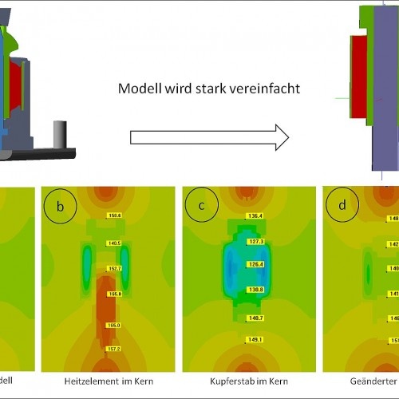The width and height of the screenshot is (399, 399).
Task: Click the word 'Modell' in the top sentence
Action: click(x=139, y=89)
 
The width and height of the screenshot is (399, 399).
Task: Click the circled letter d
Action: click(x=342, y=206)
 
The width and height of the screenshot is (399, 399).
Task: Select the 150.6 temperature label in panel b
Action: click(x=114, y=216)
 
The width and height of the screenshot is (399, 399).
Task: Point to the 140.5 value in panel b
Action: click(x=114, y=243)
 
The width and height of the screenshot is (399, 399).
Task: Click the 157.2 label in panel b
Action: click(x=114, y=349)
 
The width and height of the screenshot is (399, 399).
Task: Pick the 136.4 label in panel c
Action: click(x=255, y=216)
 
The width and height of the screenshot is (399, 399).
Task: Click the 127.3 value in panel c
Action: click(x=255, y=240)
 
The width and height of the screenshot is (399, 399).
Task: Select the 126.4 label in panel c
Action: click(x=255, y=264)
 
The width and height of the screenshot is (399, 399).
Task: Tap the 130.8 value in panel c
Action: click(x=255, y=289)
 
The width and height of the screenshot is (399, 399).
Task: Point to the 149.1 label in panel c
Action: click(x=255, y=339)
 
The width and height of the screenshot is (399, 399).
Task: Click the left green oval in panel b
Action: click(x=86, y=266)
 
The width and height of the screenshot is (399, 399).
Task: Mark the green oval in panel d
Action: click(x=367, y=274)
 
